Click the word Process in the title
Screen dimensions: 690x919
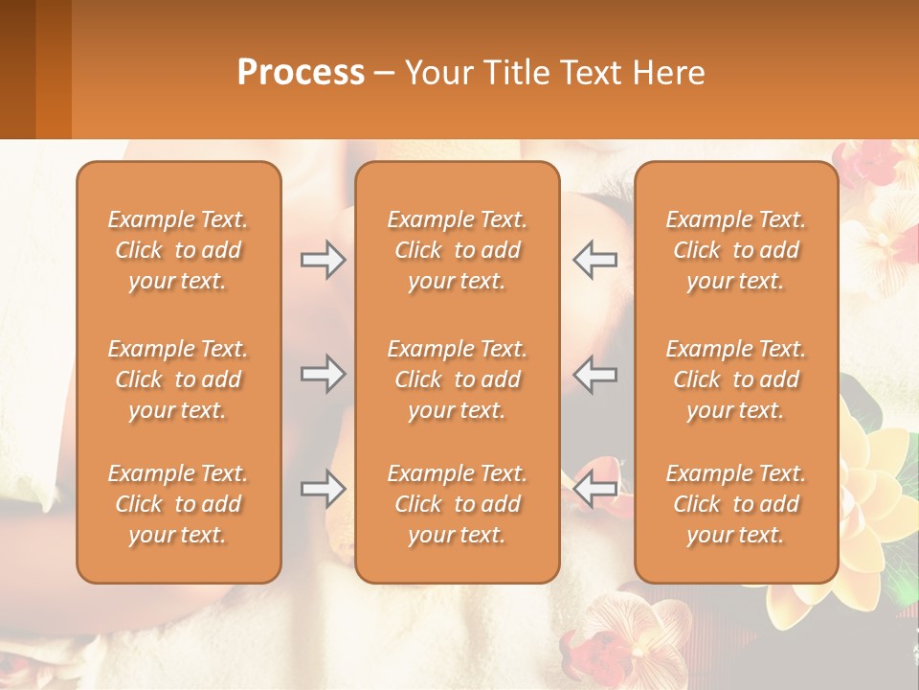coord(301,73)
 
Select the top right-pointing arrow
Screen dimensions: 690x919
coord(323,260)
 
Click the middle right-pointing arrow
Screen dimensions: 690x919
coord(323,374)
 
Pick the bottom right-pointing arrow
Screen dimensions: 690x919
coord(323,489)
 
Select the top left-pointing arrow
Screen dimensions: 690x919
coord(594,260)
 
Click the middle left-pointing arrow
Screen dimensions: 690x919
coord(594,374)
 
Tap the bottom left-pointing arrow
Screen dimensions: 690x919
coord(594,489)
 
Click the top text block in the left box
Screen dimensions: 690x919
coord(178,250)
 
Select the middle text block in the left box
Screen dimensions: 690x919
coord(178,379)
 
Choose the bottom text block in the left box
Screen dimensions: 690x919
coord(178,504)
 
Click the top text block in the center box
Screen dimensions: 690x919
coord(458,250)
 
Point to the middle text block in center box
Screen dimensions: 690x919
coord(458,379)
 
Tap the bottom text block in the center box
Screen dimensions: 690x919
coord(458,504)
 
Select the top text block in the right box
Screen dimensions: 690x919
coord(736,250)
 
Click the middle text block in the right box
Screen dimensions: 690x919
coord(736,379)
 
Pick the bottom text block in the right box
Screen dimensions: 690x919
coord(736,504)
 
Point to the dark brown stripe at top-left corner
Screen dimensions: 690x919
coord(17,67)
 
